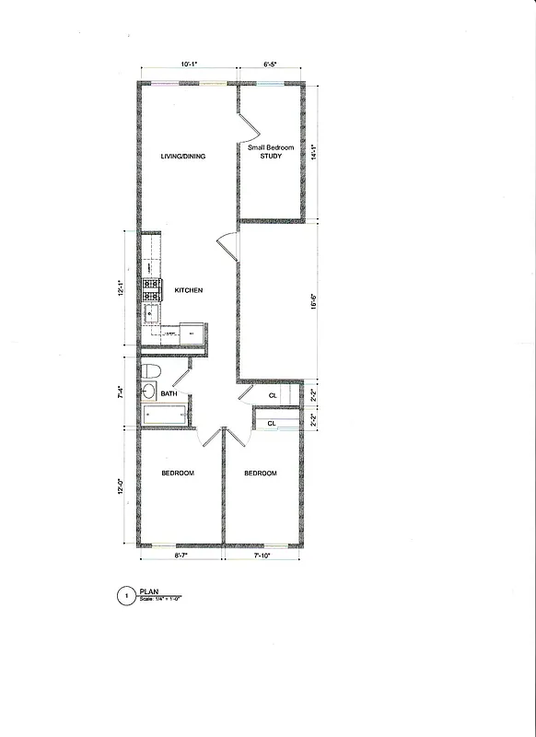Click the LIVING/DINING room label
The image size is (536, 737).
182,157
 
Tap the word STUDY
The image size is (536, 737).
270,157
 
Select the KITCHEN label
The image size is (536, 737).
189,291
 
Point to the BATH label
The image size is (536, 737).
169,394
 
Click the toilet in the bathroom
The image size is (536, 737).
153,371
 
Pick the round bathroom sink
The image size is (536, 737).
149,392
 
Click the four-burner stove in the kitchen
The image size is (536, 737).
151,290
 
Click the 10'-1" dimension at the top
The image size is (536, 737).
189,64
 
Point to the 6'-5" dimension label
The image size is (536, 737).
271,64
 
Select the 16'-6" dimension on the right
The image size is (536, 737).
315,300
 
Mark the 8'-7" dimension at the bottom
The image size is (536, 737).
181,556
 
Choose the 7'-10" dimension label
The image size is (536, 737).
262,556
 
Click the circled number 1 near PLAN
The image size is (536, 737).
125,597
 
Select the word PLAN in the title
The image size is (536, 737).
148,592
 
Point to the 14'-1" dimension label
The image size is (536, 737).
315,152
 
